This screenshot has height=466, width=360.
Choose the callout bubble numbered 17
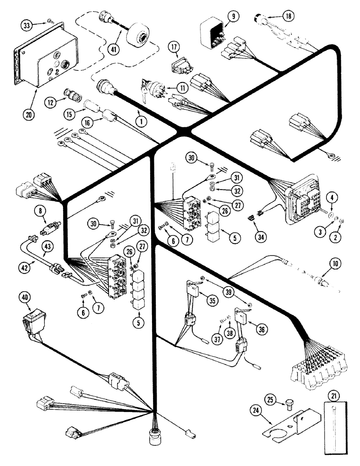(174, 47)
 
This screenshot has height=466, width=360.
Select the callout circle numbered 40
(26, 297)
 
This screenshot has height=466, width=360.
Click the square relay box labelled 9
(214, 36)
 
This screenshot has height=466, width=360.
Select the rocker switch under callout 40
(31, 323)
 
